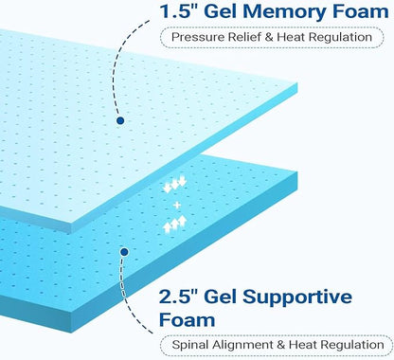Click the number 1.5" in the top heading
coord(179,11)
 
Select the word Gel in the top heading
coord(221,11)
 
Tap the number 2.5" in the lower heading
coord(178,297)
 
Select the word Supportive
coord(297,297)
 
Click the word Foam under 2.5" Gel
coord(188,319)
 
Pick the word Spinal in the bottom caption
coord(190,345)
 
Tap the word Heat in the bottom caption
coord(302,345)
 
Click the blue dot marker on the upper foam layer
coord(120,120)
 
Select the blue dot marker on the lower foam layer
coord(124,252)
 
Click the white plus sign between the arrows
coord(177,206)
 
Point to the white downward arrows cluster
coord(175,185)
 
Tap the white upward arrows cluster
coord(175,225)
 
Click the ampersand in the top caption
coord(269,37)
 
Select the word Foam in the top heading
coord(361,11)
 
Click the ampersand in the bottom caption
coord(281,345)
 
